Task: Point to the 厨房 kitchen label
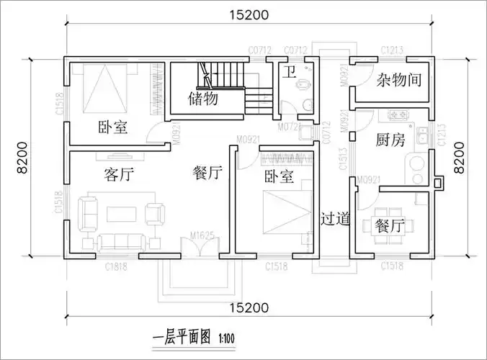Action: tap(390, 140)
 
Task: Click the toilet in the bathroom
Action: tap(306, 84)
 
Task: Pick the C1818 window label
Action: tap(116, 267)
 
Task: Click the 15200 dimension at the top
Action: tap(250, 14)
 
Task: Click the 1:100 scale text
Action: tap(226, 336)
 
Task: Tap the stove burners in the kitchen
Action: tap(397, 114)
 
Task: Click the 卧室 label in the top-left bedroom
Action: tap(113, 127)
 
